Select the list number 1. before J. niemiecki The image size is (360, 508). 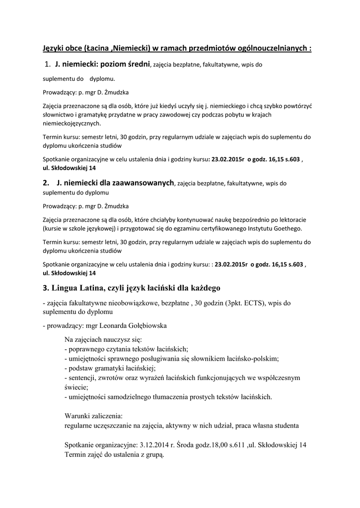(48, 64)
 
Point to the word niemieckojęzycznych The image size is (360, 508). (72, 124)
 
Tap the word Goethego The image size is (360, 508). (285, 228)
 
